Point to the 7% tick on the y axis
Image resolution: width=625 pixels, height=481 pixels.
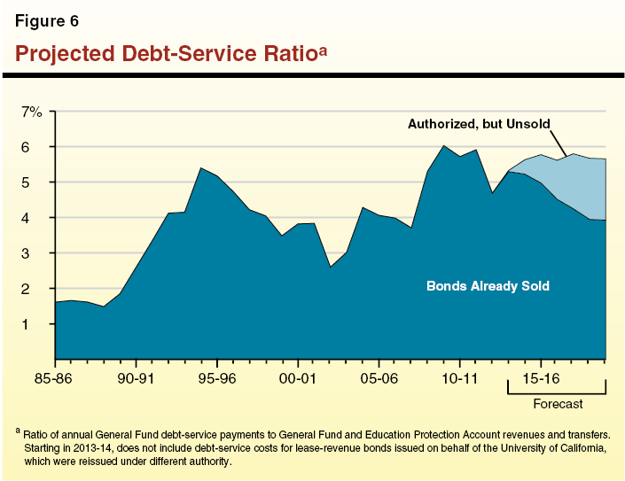(32, 112)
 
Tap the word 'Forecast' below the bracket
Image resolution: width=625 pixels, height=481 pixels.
(557, 405)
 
